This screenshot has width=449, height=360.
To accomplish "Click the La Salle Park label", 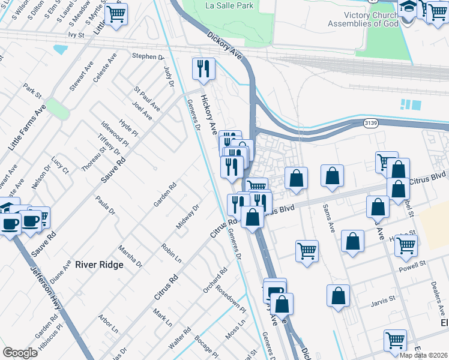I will (x=229, y=5).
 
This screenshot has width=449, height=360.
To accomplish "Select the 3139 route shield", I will (x=370, y=123).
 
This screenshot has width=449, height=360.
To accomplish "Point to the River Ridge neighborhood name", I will (x=99, y=265).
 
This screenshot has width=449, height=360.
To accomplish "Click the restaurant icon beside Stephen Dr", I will (x=203, y=69).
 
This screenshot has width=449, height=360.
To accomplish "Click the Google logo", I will (x=20, y=353).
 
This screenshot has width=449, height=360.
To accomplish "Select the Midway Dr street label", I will (x=187, y=217).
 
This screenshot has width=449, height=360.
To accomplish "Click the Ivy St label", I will (x=76, y=35).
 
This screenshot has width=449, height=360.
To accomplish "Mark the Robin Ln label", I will (x=172, y=253).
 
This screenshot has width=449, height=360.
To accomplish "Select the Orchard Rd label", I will (x=215, y=280).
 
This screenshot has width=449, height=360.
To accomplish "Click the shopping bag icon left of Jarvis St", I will (x=339, y=295).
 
